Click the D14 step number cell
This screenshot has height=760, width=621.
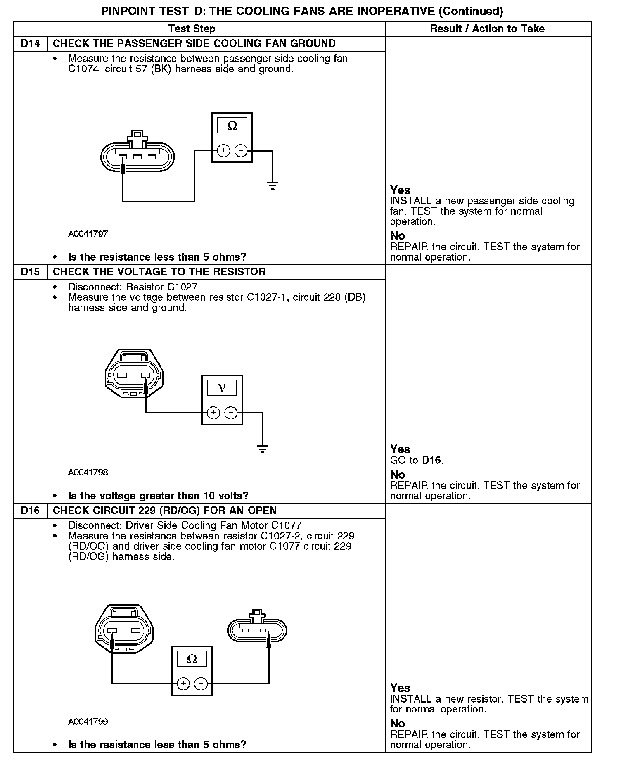[x=31, y=44]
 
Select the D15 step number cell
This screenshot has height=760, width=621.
[x=31, y=272]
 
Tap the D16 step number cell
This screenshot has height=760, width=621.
[x=31, y=511]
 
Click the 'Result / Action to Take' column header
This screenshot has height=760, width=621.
[x=487, y=29]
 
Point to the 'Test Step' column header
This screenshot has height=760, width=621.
[x=192, y=29]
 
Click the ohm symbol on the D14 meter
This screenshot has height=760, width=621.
[x=232, y=126]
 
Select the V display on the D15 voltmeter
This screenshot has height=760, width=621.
[x=222, y=388]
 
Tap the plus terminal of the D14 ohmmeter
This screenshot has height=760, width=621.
[x=223, y=151]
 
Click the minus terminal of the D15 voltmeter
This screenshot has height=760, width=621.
[x=231, y=413]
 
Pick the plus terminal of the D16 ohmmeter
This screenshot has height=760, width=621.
[x=183, y=684]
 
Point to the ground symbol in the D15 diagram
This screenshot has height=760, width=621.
[x=262, y=449]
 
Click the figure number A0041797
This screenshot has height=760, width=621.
[x=88, y=234]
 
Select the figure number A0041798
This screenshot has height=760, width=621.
[x=88, y=473]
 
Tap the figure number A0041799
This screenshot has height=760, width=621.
[x=88, y=722]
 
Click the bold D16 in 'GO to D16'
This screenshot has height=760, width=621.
[x=432, y=460]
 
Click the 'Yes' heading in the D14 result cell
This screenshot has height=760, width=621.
[x=400, y=190]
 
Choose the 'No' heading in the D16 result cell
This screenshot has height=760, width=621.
[x=398, y=723]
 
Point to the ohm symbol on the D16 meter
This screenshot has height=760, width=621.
[x=192, y=659]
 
